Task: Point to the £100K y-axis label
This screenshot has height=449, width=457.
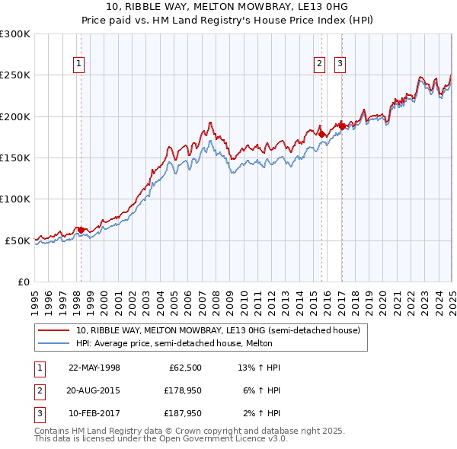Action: click(x=16, y=199)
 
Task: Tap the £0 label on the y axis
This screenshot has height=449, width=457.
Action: click(x=24, y=282)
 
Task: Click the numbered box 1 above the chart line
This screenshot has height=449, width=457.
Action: click(x=79, y=65)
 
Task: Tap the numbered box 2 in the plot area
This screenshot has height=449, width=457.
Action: click(x=319, y=65)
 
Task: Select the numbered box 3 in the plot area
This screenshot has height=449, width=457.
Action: click(x=339, y=65)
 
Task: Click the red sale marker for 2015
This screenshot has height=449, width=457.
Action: click(x=321, y=134)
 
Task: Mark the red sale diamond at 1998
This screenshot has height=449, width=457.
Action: click(x=81, y=230)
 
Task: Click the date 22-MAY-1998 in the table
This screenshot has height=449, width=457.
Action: click(x=94, y=368)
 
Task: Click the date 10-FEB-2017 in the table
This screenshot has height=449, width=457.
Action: click(x=94, y=413)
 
